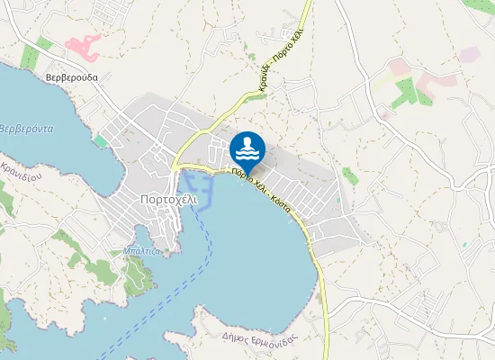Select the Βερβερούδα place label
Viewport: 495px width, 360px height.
(x=71, y=77)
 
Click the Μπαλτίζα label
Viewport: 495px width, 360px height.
(x=141, y=251)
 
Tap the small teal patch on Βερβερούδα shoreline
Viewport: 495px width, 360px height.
(x=100, y=141)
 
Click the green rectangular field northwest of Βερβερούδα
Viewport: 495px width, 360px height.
(x=29, y=57)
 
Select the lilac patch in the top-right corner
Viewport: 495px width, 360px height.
(x=468, y=55)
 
